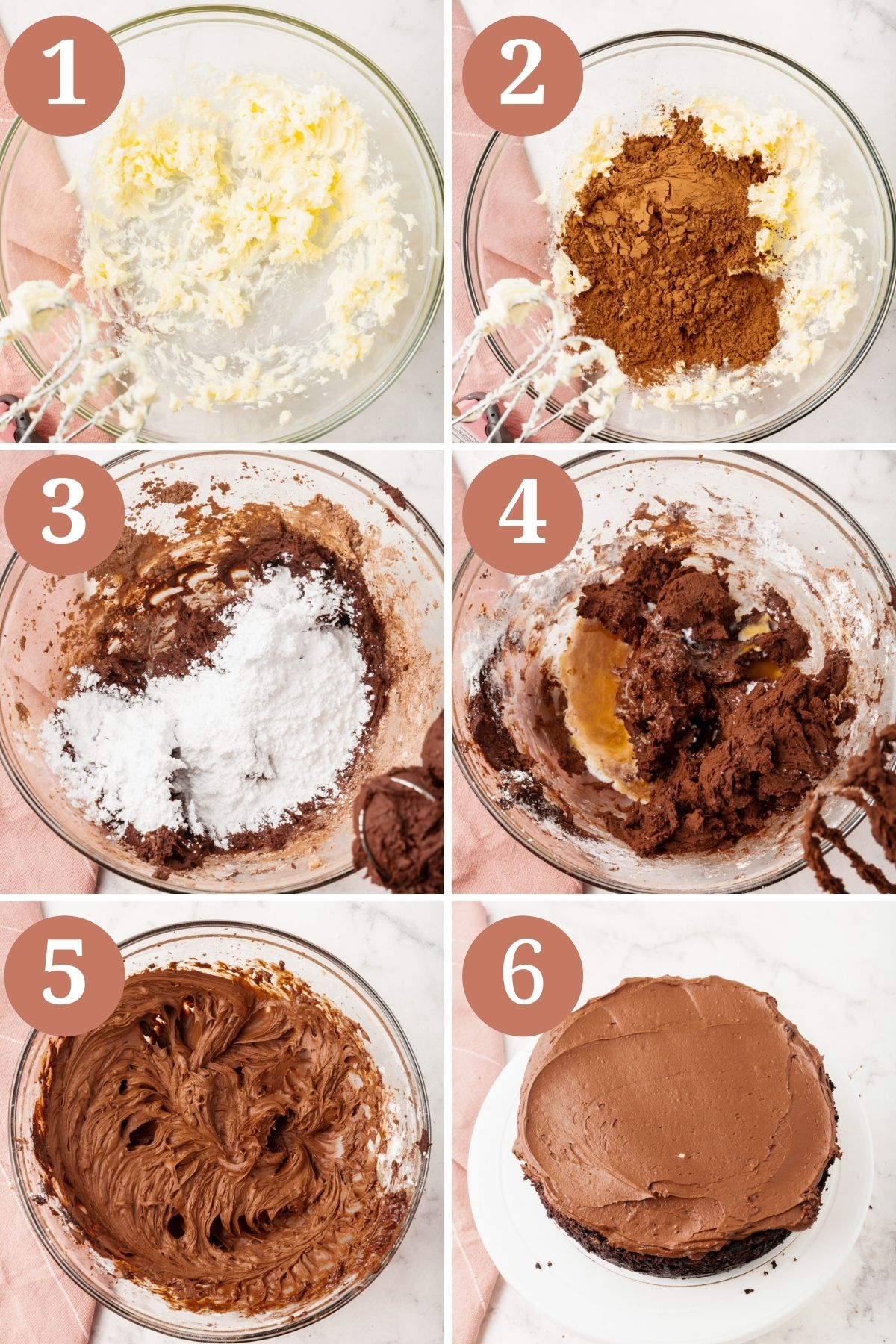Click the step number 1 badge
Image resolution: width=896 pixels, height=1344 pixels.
point(64,75)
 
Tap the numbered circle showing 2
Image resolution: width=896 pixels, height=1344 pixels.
point(522,75)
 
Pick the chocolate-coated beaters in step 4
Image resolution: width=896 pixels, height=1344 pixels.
point(851,814)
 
